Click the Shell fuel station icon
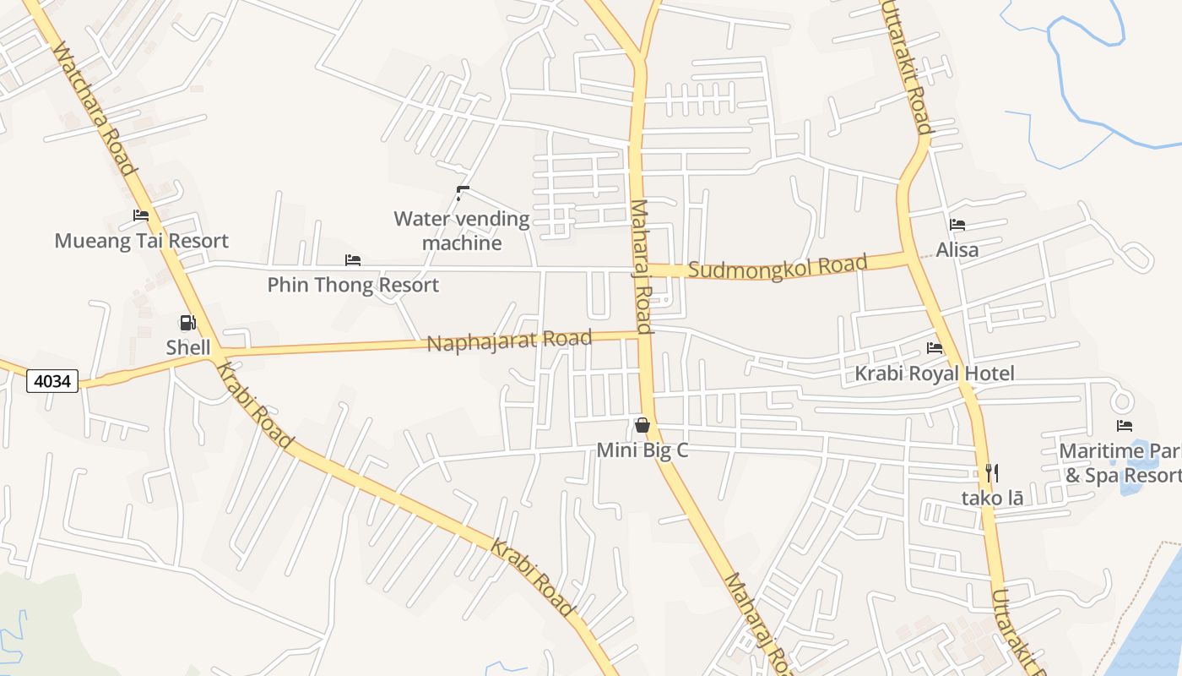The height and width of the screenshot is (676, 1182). pos(187,323)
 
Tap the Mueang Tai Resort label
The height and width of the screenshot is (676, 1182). pos(141,241)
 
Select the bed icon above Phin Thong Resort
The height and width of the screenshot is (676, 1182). pos(353,260)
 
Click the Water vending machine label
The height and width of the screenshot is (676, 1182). pos(462,231)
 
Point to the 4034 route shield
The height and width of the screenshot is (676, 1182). pos(52,381)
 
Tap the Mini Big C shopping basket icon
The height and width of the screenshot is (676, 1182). pos(643,425)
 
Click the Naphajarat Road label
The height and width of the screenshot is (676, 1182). pos(509,341)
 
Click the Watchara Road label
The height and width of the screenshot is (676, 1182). pos(94,109)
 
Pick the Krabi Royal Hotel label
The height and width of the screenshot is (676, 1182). pos(935,373)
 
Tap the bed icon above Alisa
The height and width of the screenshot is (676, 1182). pos(957,225)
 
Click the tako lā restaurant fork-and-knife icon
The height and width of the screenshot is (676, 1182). pos(992,473)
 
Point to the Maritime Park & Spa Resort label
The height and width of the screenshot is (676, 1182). pos(1120,463)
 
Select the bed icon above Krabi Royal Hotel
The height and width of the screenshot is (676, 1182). pos(935,348)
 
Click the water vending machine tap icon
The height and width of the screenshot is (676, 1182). pos(462,194)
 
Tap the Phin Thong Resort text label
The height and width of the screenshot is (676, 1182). pos(353,285)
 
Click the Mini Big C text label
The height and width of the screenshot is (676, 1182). pos(643,450)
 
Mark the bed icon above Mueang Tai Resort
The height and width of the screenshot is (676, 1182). pos(141,216)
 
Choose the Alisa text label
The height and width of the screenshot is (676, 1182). pos(957,250)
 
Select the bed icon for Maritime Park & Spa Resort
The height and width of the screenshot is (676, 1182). pos(1124,426)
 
